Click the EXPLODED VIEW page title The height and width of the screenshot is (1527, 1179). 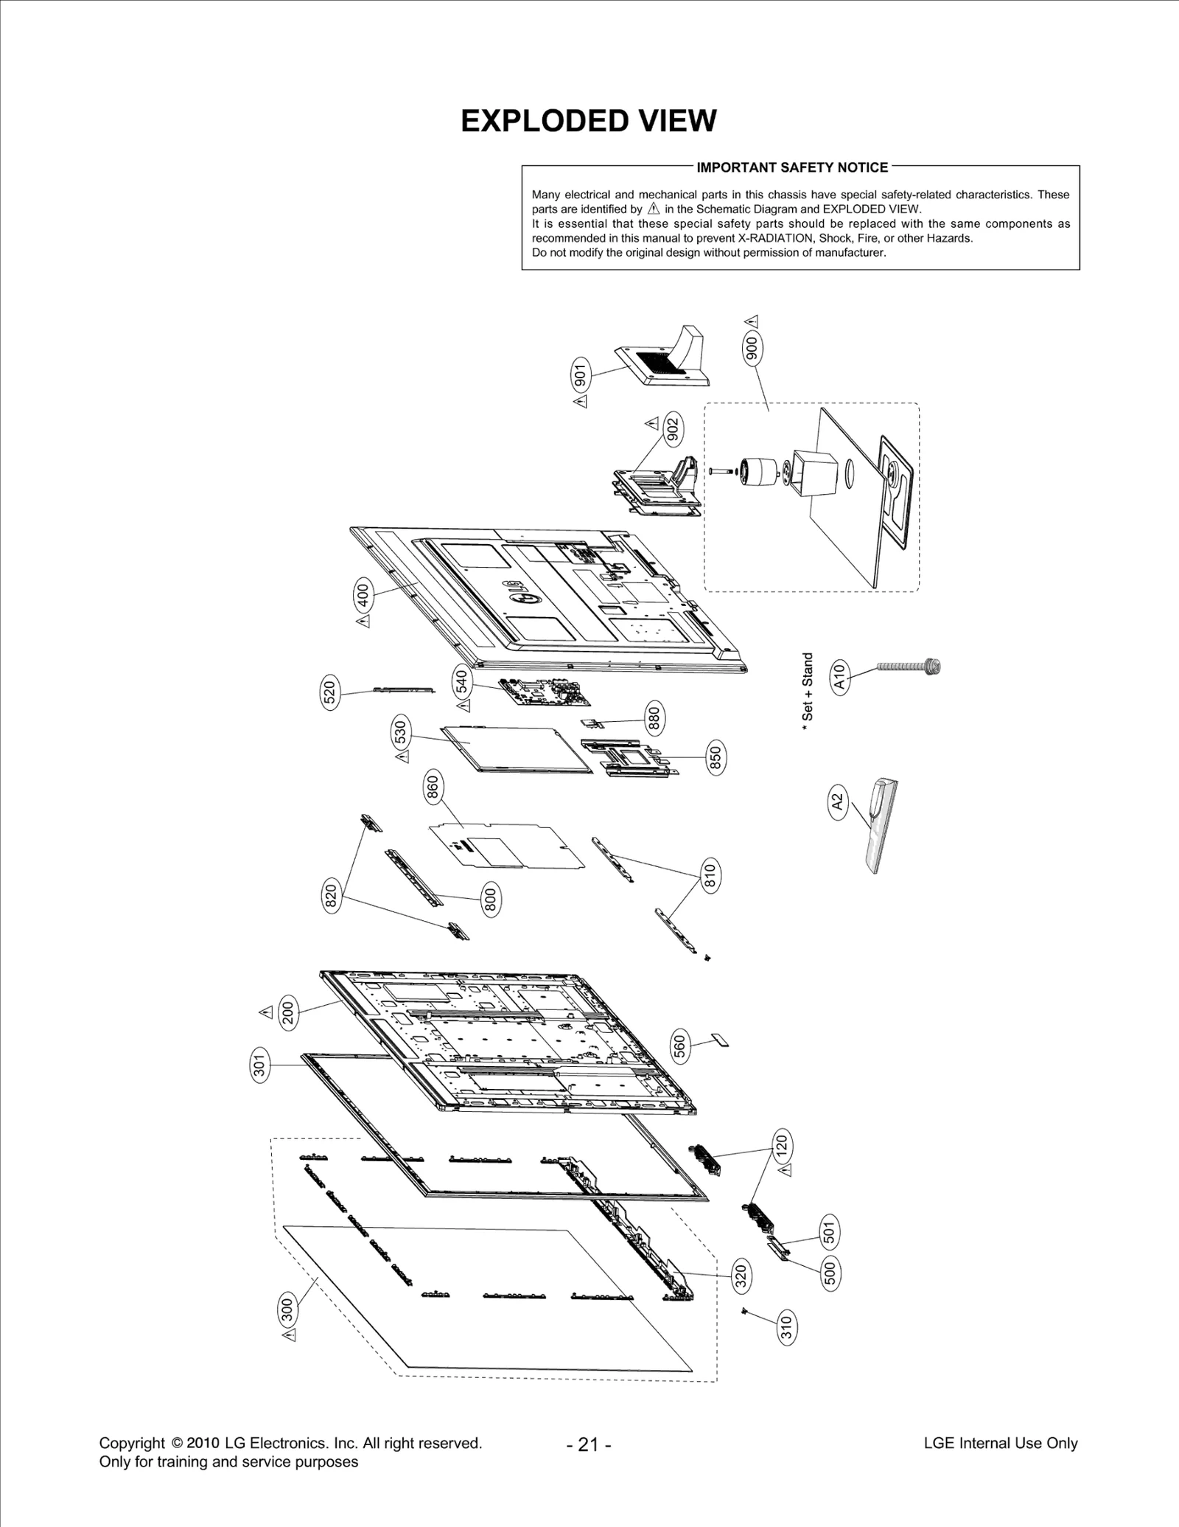tap(588, 121)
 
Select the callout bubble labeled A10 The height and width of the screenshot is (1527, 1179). tap(840, 675)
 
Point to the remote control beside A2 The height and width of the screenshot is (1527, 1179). tap(878, 827)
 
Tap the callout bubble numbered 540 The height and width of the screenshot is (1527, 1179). tap(462, 682)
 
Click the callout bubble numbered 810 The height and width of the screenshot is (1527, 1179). tap(710, 876)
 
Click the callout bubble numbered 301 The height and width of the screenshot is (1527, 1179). tap(259, 1065)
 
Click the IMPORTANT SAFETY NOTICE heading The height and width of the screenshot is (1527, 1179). tap(792, 167)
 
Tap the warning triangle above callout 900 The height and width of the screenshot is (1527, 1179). tap(752, 321)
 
